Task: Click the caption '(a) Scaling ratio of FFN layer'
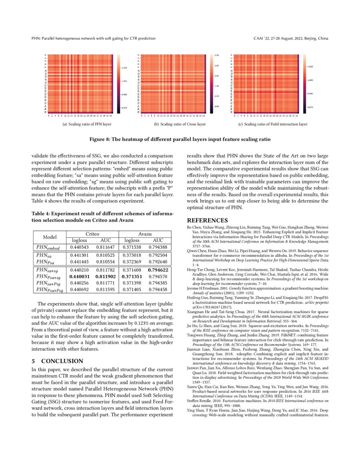86,124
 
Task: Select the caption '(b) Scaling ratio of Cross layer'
180,124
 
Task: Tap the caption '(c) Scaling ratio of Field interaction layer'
272,124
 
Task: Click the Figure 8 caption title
180,139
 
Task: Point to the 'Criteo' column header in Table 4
93,234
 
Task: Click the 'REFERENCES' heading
208,220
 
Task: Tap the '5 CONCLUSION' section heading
57,361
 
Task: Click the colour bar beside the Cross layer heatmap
210,84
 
